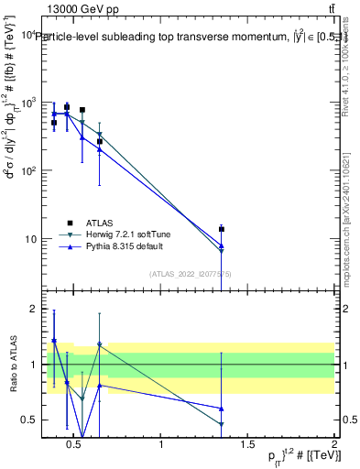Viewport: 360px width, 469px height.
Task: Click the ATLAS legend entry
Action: point(99,223)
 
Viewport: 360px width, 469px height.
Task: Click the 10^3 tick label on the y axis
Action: point(28,103)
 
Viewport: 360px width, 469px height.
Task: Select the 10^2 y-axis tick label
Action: point(28,170)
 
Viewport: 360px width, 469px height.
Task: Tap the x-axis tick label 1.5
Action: point(247,445)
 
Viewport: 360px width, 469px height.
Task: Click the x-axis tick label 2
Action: point(333,445)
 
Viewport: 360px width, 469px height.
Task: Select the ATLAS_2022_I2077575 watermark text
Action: point(191,274)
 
